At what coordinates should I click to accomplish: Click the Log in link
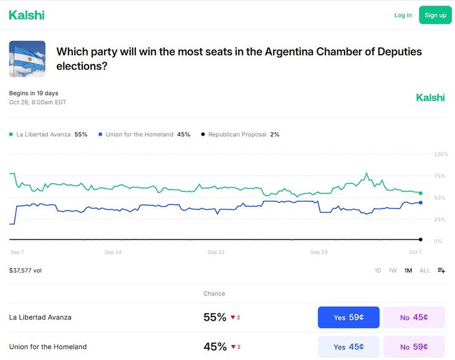tap(403, 15)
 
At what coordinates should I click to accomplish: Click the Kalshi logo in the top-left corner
tap(26, 15)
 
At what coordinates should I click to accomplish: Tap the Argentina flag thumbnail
tap(27, 59)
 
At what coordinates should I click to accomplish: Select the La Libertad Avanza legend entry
tap(47, 134)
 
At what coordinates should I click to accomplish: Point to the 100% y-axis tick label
tap(441, 154)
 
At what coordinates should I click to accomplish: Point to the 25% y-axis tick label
tap(441, 219)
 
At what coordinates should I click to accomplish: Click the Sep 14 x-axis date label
tap(113, 252)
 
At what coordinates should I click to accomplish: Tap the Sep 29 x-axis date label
tap(319, 252)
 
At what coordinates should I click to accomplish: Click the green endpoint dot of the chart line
tap(421, 193)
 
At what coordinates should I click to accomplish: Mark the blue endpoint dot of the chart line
tap(421, 202)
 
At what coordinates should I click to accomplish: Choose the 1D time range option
tap(378, 270)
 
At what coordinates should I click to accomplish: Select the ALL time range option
tap(424, 270)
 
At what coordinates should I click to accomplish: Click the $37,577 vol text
tap(26, 270)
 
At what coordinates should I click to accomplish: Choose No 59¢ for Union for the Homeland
tap(414, 347)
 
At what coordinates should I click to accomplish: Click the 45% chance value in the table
tap(214, 347)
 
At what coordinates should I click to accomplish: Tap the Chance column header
tap(214, 293)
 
